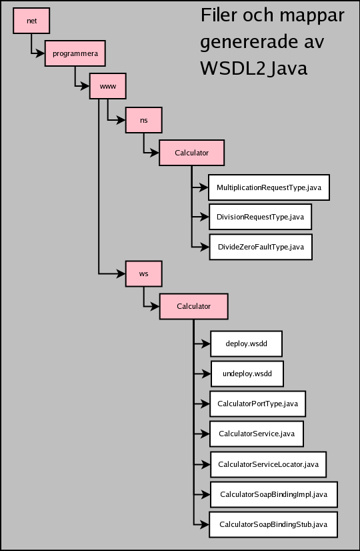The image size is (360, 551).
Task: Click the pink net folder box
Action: pos(31,21)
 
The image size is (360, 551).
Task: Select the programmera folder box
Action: pos(75,53)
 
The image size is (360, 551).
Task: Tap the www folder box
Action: pos(108,86)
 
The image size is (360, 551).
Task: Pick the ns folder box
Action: pos(143,120)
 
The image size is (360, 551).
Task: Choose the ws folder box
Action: pos(143,273)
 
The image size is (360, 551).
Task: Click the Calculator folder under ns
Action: pos(192,153)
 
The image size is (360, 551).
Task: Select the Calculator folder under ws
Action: pos(194,306)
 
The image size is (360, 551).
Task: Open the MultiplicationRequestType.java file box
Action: pos(269,187)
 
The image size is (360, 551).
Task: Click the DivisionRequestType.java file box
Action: pos(260,217)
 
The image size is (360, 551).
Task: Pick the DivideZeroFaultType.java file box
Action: pos(261,247)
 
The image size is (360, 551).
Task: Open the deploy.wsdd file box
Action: pos(247,344)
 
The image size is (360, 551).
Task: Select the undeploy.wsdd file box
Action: pos(247,374)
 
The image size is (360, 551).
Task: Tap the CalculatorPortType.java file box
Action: pos(258,404)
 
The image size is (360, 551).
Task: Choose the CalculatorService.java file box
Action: pos(257,434)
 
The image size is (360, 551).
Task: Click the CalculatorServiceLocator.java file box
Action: pos(268,464)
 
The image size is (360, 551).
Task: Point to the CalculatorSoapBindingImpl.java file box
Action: pos(274,494)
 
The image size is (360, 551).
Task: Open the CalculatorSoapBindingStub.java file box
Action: pos(273,524)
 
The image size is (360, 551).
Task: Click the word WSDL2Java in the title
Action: pos(254,69)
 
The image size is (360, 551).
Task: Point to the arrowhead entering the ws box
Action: pos(121,273)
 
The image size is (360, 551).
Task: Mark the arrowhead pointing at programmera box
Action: pos(41,53)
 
